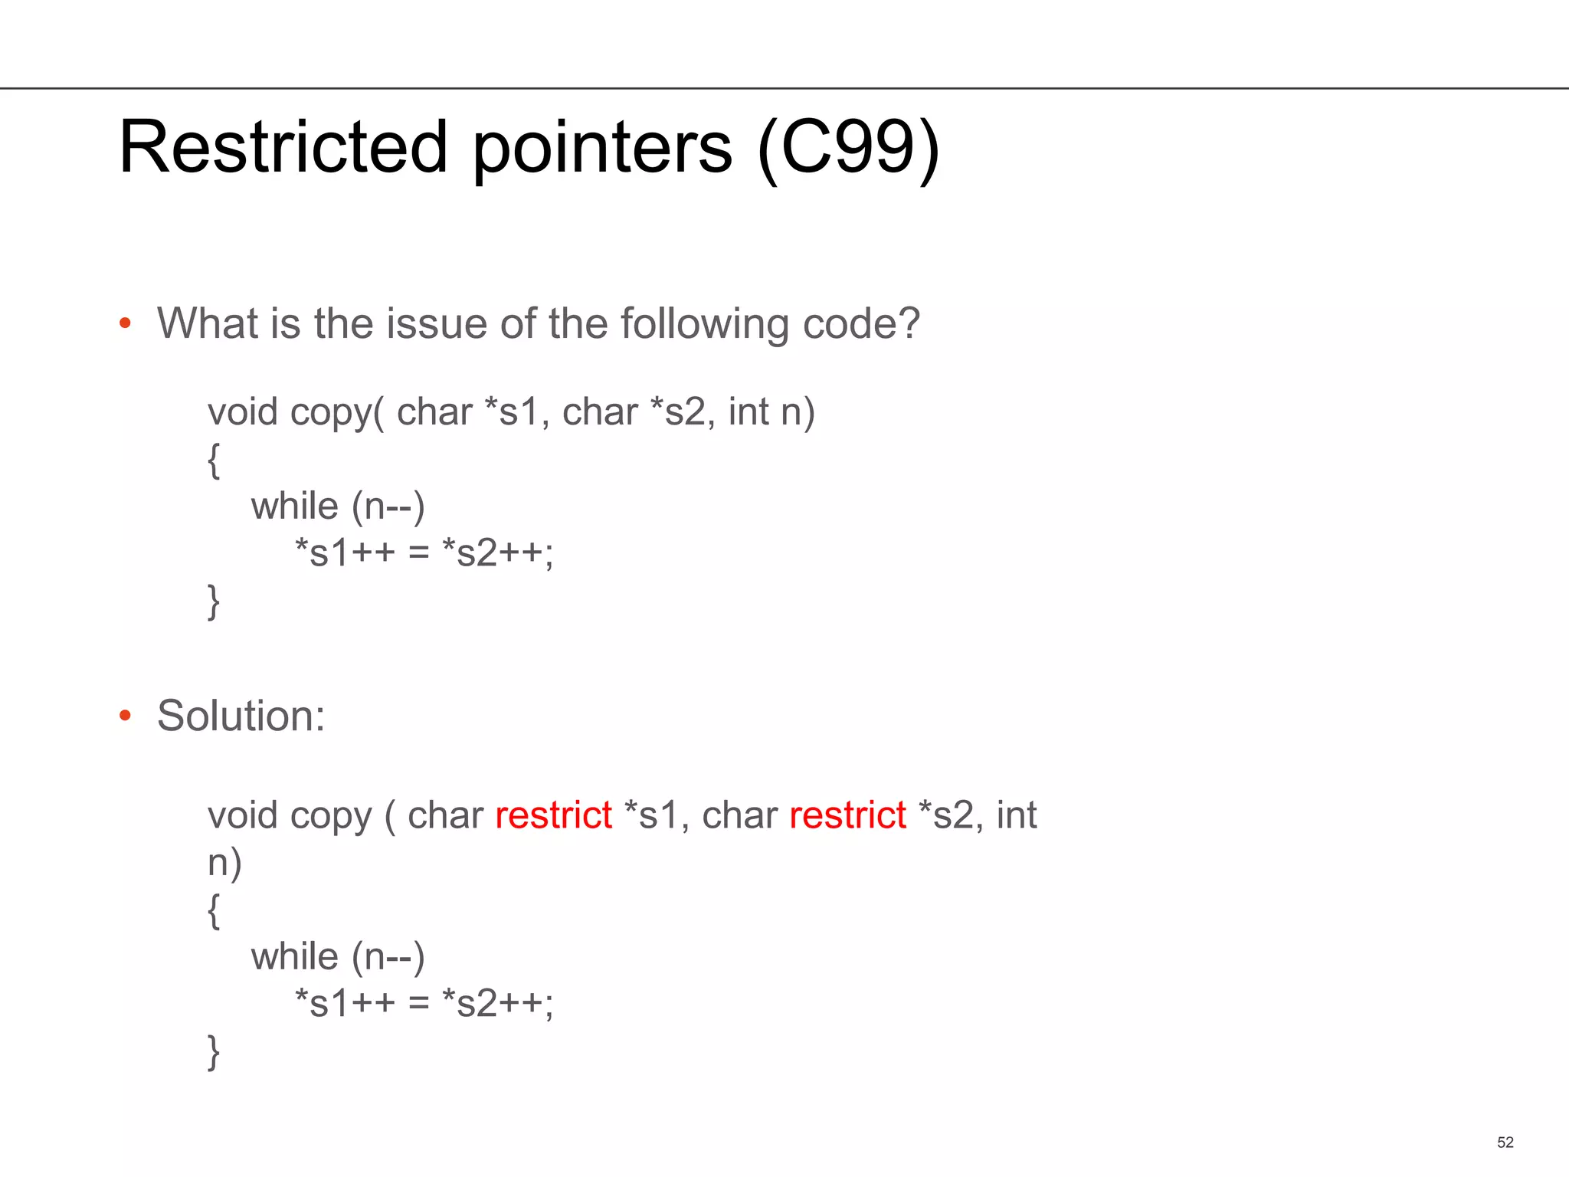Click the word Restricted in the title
(x=283, y=147)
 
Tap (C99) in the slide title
(x=848, y=147)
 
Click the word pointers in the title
(x=602, y=147)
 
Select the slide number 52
(x=1505, y=1143)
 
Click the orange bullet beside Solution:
(x=126, y=716)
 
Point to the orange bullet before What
(x=126, y=324)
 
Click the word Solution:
(x=241, y=716)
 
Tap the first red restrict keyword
(x=553, y=815)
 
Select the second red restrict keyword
(x=847, y=815)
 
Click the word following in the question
(x=704, y=324)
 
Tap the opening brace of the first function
(x=214, y=461)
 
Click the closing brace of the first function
(x=214, y=602)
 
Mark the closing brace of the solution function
(x=214, y=1052)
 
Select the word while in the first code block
(x=294, y=507)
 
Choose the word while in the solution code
(x=294, y=957)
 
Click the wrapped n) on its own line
(x=224, y=863)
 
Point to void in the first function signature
(x=242, y=412)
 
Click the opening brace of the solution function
(x=214, y=911)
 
